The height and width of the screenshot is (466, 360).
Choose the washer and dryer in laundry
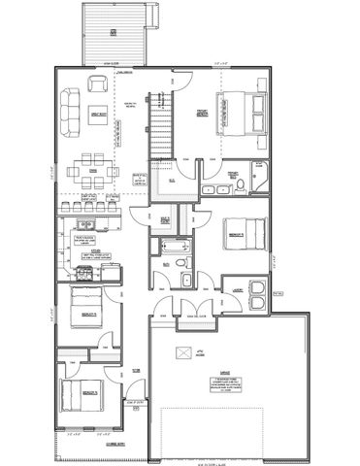coord(257,293)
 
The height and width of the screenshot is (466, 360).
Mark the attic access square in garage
coord(180,351)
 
